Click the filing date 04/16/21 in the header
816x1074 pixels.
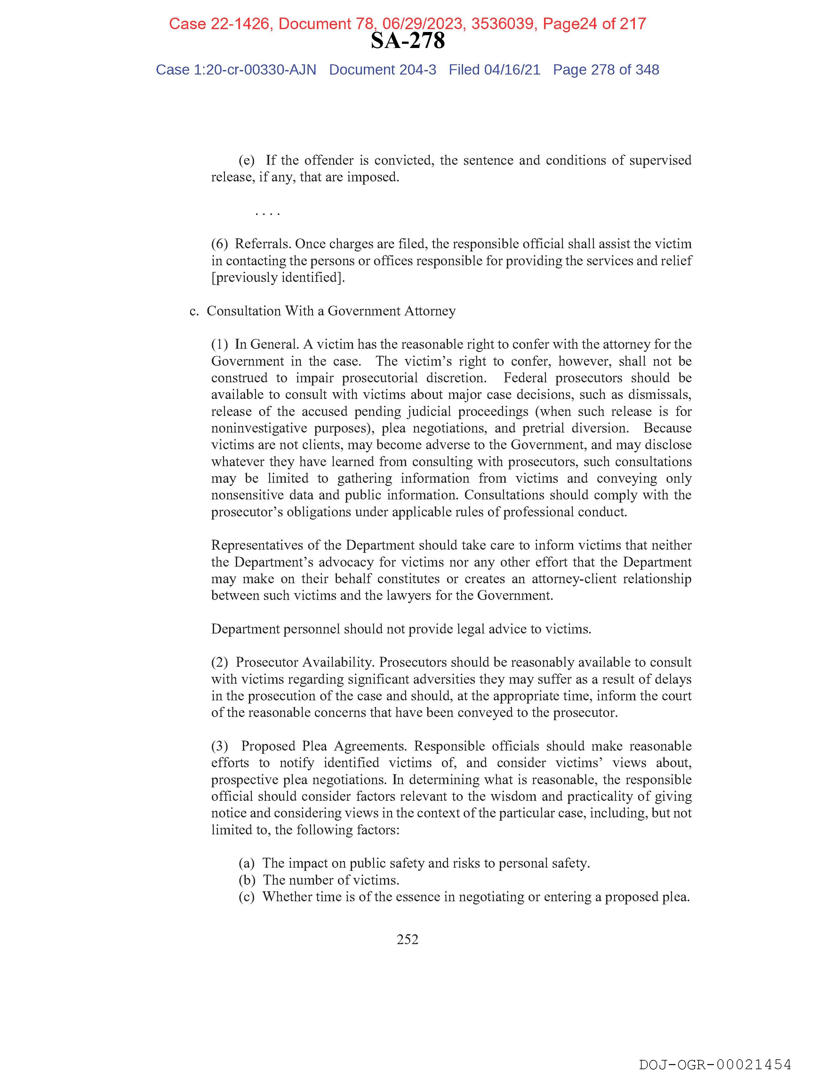[x=512, y=70]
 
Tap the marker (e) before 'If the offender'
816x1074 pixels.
[x=247, y=160]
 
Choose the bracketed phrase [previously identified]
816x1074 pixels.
[x=278, y=277]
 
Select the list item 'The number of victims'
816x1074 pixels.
[x=331, y=880]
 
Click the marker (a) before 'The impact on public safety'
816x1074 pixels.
[x=247, y=863]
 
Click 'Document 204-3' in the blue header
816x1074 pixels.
[x=382, y=70]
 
